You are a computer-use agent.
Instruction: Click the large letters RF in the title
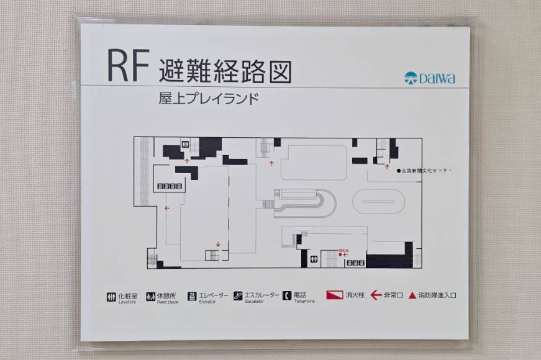[x=129, y=66]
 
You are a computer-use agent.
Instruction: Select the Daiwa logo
[x=429, y=78]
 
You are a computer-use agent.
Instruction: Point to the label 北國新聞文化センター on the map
[x=427, y=170]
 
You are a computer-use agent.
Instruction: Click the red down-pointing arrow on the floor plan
[x=218, y=244]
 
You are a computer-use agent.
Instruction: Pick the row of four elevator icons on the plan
[x=170, y=186]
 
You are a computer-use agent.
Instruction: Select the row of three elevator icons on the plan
[x=355, y=263]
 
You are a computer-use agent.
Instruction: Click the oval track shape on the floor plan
[x=379, y=202]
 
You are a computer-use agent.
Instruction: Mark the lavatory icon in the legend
[x=111, y=296]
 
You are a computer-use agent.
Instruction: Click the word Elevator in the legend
[x=207, y=302]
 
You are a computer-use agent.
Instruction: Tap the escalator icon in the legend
[x=238, y=296]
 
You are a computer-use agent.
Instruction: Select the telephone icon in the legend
[x=287, y=295]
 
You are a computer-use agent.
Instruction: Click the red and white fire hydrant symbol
[x=334, y=295]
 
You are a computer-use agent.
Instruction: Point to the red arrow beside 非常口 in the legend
[x=376, y=295]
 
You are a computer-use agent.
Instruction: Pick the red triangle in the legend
[x=412, y=295]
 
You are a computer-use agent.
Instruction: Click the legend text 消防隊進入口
[x=437, y=295]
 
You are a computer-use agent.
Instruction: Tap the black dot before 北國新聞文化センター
[x=399, y=170]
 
